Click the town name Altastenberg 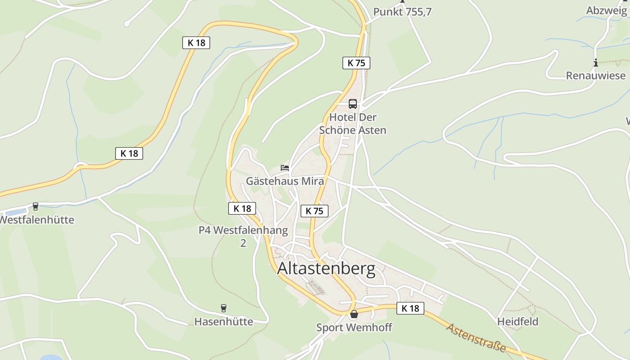click(326, 269)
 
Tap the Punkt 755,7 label click(402, 12)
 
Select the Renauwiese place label click(595, 76)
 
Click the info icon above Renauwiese click(596, 63)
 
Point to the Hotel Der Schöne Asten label click(352, 124)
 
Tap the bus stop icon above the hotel click(353, 104)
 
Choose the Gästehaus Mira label click(285, 181)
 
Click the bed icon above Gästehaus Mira click(285, 168)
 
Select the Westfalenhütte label click(36, 220)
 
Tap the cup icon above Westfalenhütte click(36, 207)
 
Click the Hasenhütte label click(224, 322)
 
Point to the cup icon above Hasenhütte click(224, 308)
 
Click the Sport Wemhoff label click(354, 328)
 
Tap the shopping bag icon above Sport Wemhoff click(354, 314)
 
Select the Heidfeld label click(517, 322)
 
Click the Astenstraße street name click(476, 337)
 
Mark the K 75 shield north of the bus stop click(356, 63)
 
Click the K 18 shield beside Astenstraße click(410, 308)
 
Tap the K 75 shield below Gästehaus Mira click(315, 211)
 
